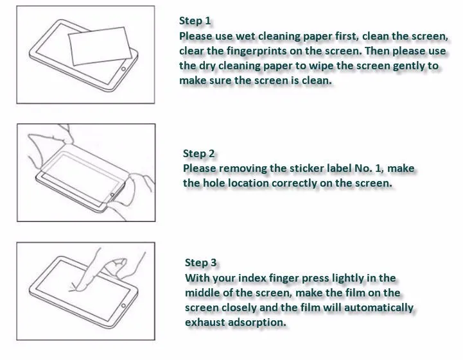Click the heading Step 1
pyautogui.click(x=195, y=21)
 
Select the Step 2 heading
pyautogui.click(x=199, y=153)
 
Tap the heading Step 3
pyautogui.click(x=201, y=262)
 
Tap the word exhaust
pyautogui.click(x=206, y=322)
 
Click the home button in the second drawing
pyautogui.click(x=113, y=194)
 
